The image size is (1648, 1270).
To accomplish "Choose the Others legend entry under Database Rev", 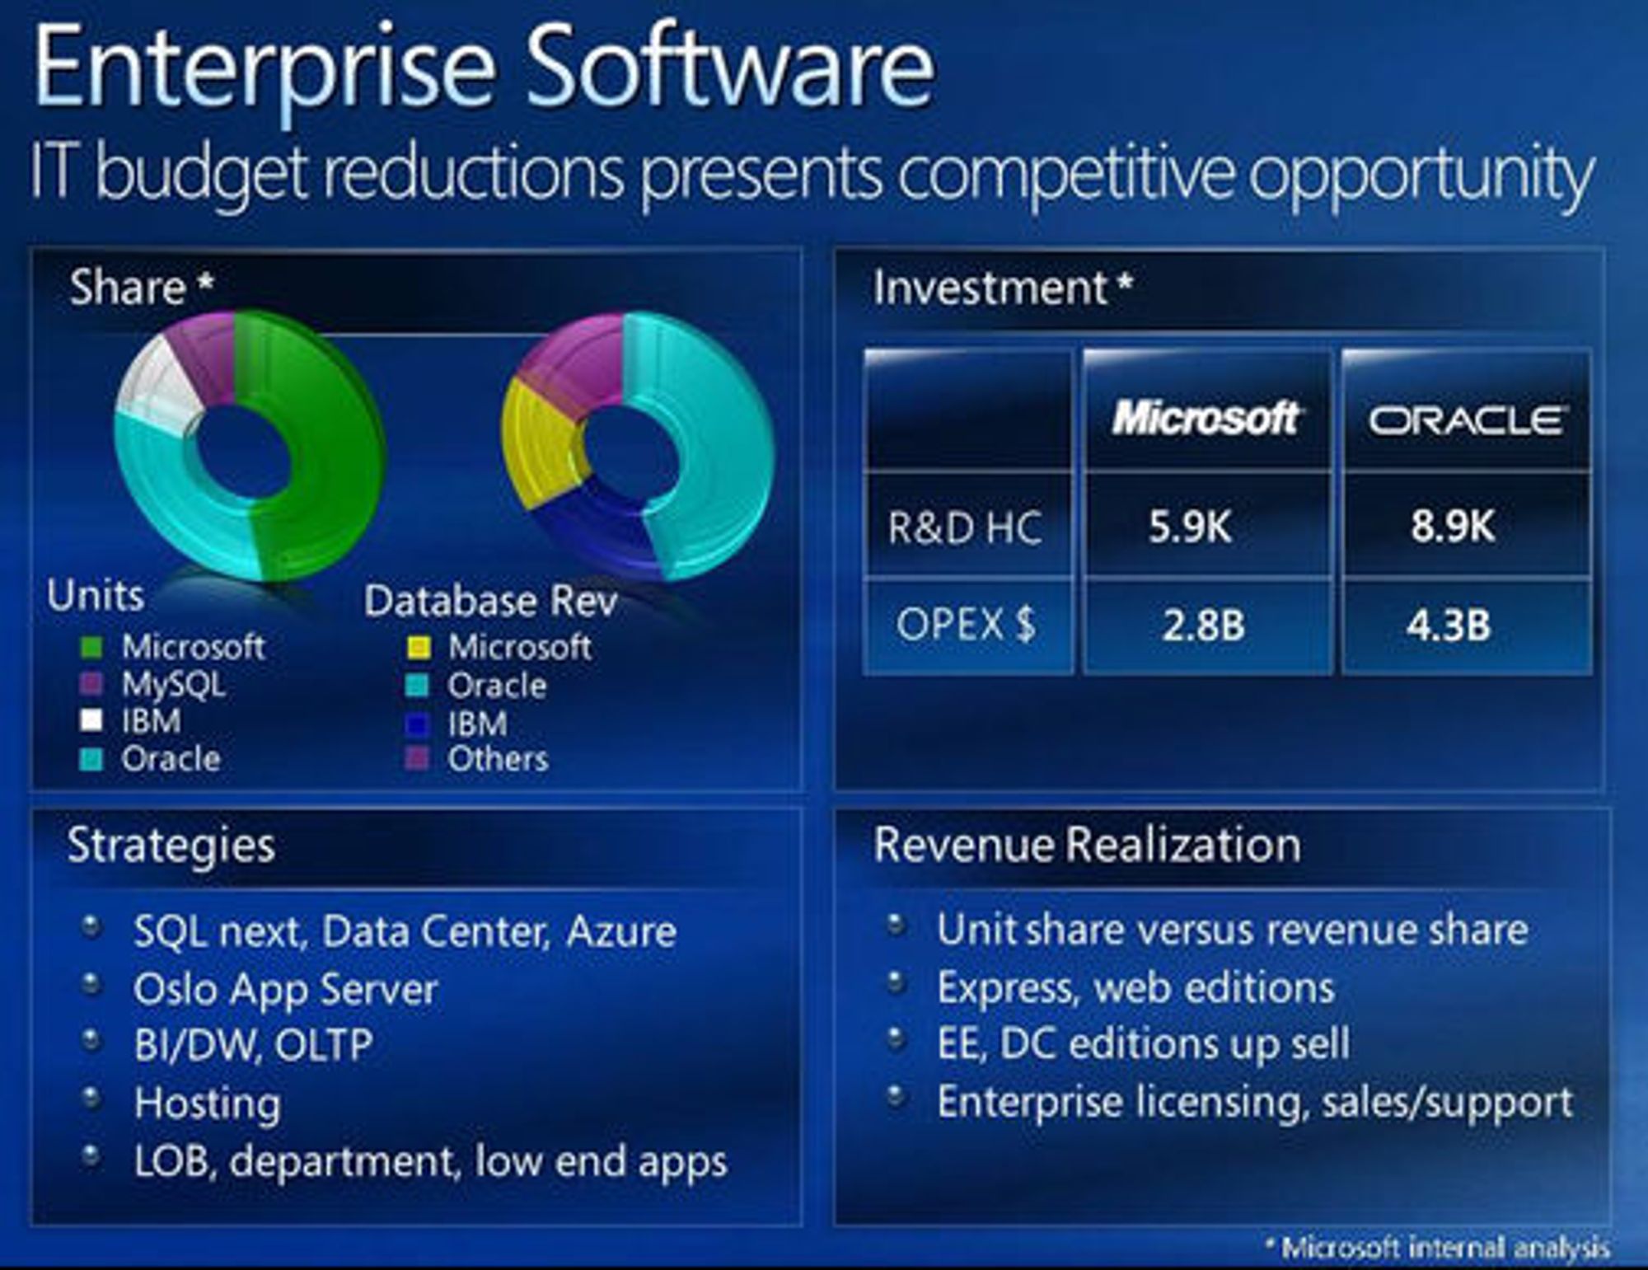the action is (x=478, y=759).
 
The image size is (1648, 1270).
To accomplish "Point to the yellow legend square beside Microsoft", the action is (x=419, y=648).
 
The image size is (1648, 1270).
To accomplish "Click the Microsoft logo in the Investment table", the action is (x=1206, y=418).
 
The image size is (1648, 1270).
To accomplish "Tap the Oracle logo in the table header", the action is (x=1466, y=420).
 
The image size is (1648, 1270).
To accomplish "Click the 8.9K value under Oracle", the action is (x=1452, y=525).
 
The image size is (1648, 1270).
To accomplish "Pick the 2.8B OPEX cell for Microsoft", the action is (x=1203, y=625).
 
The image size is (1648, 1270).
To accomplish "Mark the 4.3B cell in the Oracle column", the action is (x=1449, y=625).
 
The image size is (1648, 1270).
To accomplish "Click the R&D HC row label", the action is (x=965, y=527).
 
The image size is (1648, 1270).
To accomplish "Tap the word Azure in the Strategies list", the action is (x=621, y=932).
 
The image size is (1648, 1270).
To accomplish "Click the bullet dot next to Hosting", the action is (x=92, y=1098).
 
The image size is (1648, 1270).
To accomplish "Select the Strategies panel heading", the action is (x=171, y=846).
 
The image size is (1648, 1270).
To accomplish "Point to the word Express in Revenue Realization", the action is (x=1007, y=988).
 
